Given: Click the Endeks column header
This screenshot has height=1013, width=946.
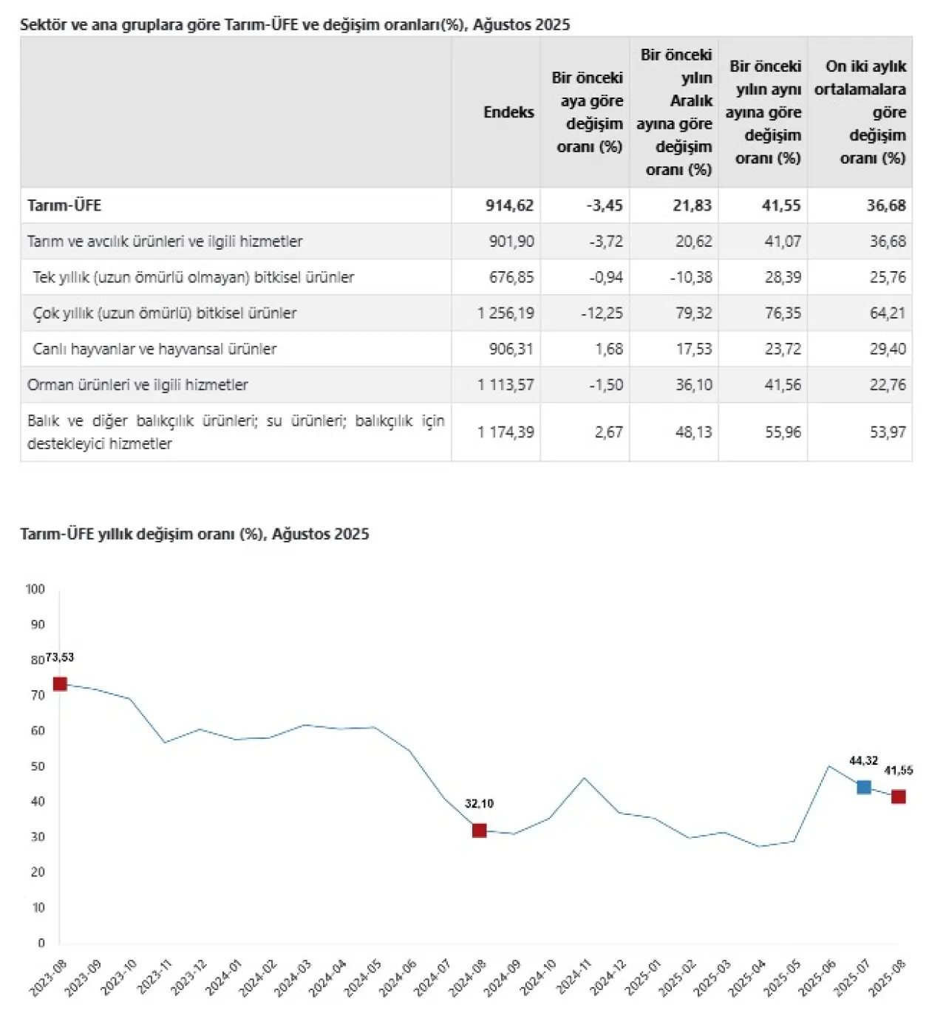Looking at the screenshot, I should (x=508, y=112).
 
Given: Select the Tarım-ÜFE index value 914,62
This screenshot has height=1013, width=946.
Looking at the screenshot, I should (x=509, y=205).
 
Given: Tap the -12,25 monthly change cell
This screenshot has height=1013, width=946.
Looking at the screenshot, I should (x=602, y=313).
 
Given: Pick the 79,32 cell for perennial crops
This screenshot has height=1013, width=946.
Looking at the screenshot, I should (x=693, y=313).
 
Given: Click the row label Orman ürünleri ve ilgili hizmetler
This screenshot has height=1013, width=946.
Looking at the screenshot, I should (x=137, y=385).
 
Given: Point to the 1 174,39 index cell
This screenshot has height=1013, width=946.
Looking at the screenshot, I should (x=506, y=432).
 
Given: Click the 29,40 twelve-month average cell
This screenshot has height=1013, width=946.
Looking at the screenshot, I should (x=887, y=349).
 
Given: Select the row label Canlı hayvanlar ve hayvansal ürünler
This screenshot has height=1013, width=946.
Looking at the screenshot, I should (x=154, y=349).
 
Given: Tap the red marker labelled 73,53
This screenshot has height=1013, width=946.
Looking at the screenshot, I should (x=60, y=684).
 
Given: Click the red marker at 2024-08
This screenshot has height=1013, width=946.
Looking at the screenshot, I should (x=479, y=830).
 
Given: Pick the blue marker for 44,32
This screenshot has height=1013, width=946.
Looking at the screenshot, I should (x=863, y=788).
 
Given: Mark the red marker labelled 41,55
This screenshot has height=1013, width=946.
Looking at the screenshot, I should (x=898, y=797).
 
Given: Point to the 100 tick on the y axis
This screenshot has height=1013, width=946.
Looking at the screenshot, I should (x=35, y=589).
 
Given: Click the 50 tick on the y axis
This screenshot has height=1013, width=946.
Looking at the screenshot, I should (x=38, y=766).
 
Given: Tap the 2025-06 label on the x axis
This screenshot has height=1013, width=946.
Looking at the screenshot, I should (x=818, y=977).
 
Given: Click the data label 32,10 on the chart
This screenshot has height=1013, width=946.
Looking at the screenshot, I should (x=479, y=804).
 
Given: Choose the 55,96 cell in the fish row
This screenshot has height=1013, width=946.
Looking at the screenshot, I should (x=782, y=432).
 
